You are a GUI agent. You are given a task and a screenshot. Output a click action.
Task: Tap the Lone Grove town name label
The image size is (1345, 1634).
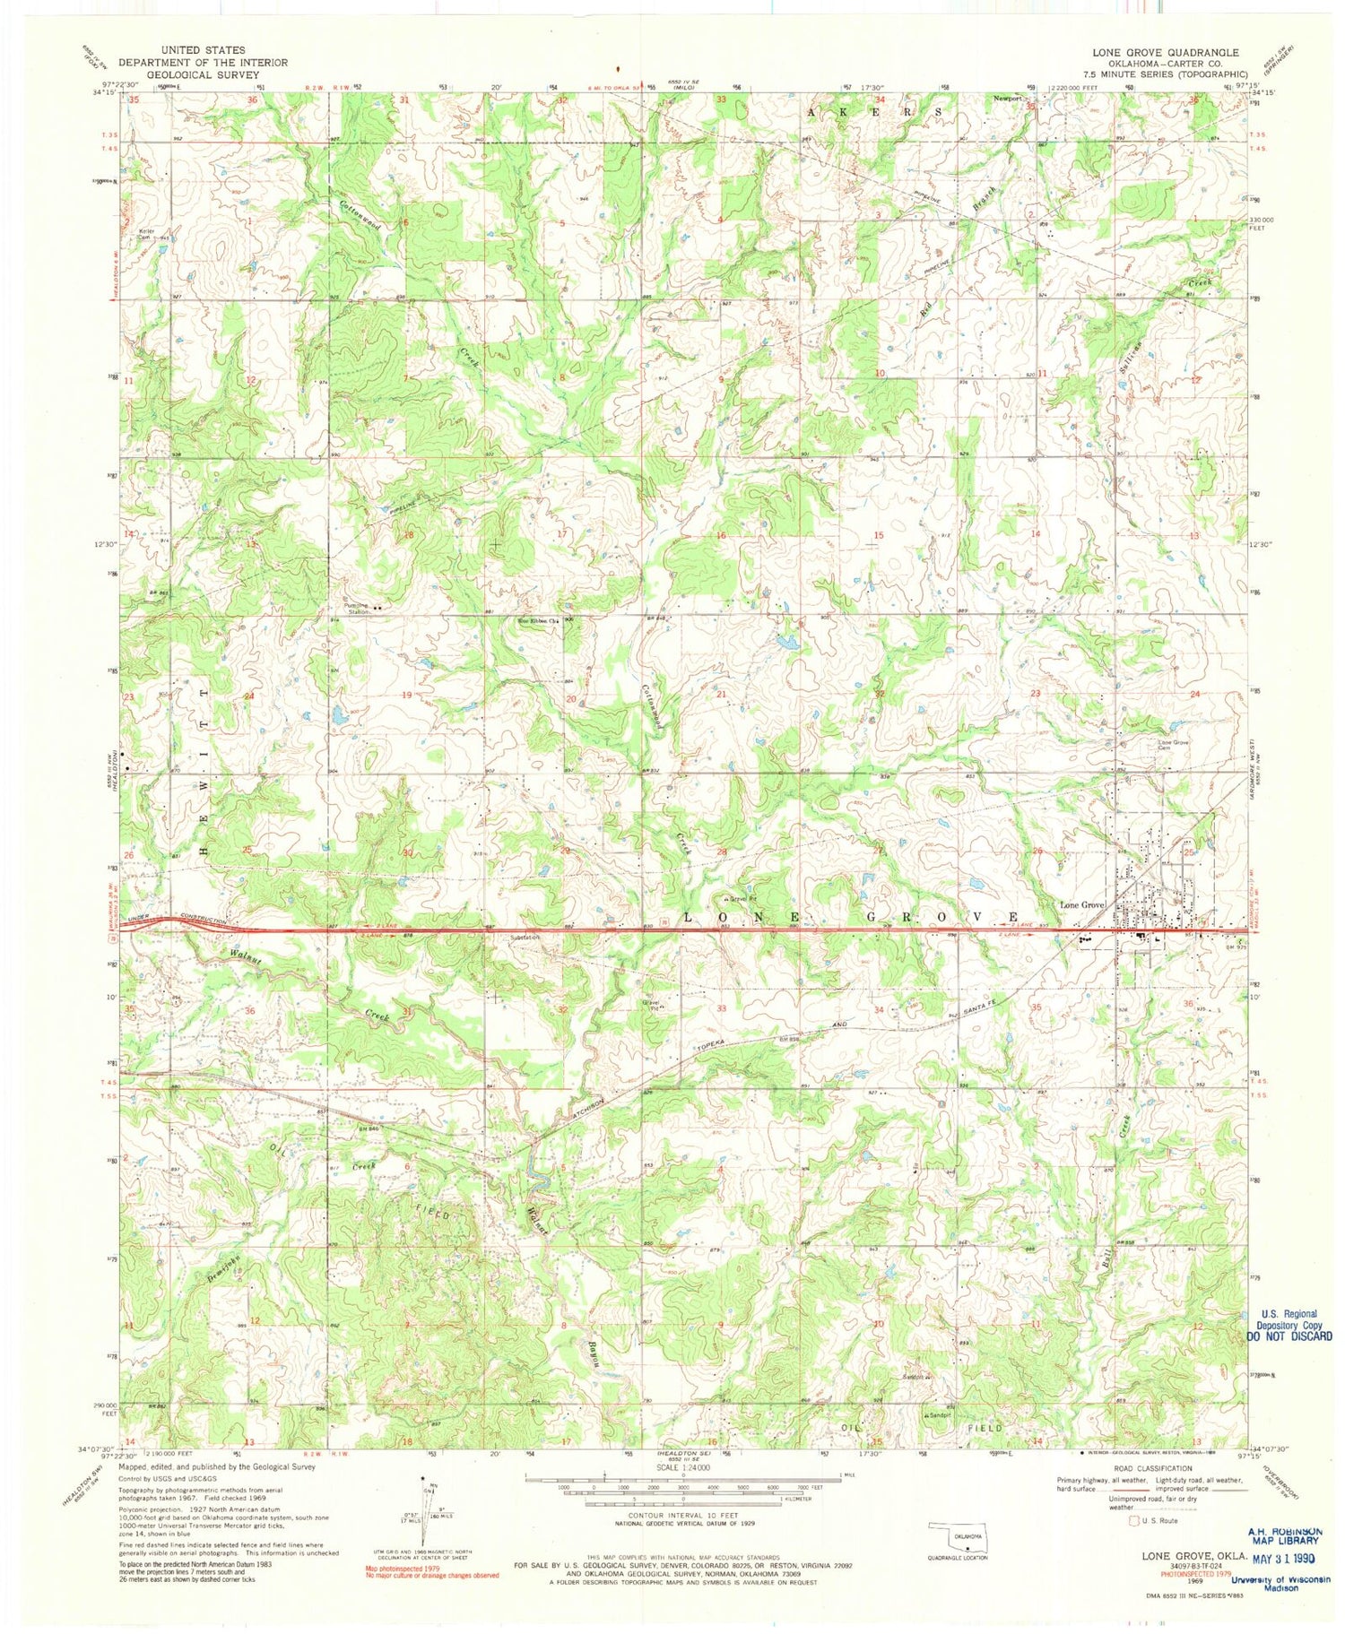[x=1081, y=904]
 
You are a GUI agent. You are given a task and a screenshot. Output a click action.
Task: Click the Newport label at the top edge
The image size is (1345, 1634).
[x=1008, y=99]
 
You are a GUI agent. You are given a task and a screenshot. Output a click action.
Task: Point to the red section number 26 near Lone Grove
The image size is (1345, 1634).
[x=1037, y=851]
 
